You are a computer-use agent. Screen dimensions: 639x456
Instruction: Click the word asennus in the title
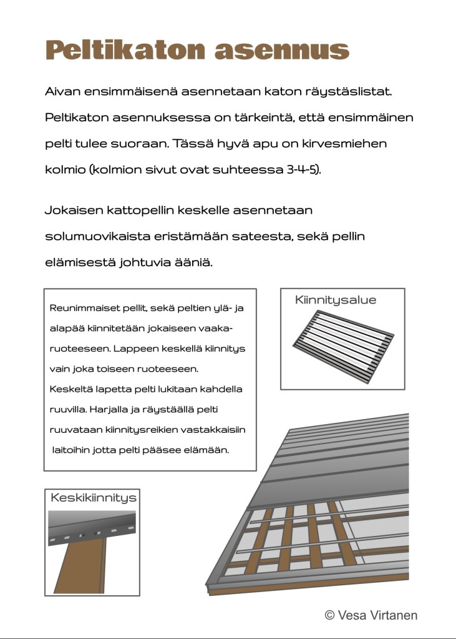(x=281, y=49)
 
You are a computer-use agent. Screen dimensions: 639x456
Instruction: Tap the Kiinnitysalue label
(x=336, y=300)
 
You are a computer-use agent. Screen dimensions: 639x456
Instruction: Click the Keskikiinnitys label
(x=93, y=498)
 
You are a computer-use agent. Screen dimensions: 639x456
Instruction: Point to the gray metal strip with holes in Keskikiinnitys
(x=92, y=528)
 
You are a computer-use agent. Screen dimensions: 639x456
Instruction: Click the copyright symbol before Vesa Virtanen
(x=330, y=615)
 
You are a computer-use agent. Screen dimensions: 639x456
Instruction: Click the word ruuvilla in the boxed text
(x=68, y=410)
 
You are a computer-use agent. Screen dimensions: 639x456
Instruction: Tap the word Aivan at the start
(x=63, y=91)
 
